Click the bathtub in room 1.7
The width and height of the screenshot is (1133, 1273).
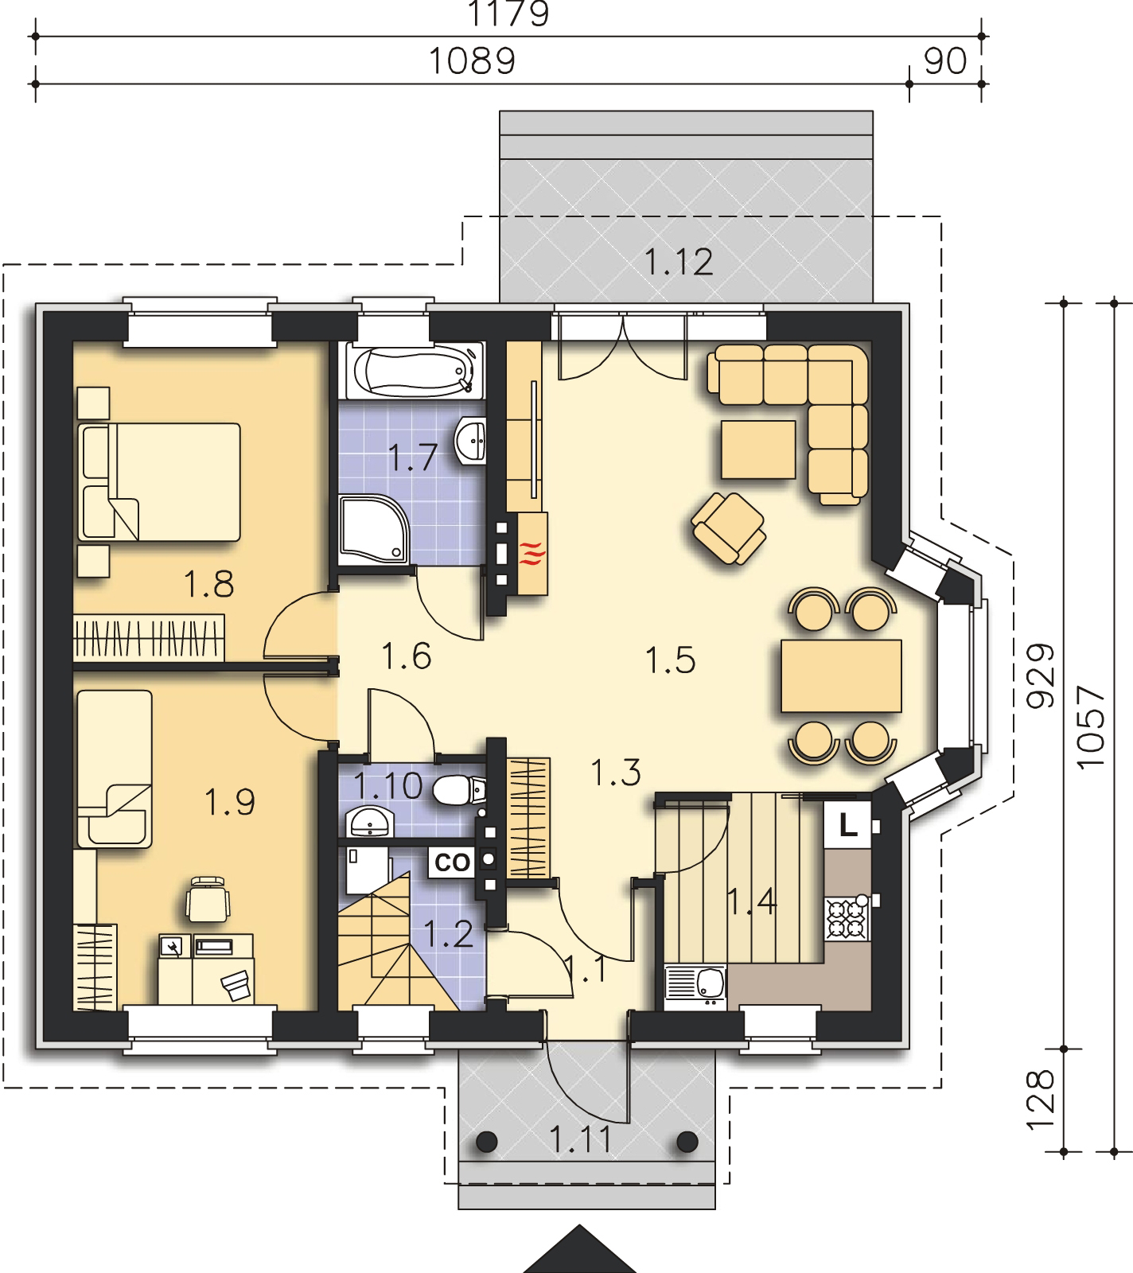tap(413, 370)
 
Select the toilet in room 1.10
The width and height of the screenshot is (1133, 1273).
tap(461, 791)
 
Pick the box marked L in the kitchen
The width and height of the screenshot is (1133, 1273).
tap(849, 827)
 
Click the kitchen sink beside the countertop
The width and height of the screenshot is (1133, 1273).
tap(695, 987)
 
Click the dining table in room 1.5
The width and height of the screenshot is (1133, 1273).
tap(842, 675)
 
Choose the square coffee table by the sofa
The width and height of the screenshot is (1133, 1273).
tap(758, 450)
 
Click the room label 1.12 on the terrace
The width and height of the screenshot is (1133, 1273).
tap(679, 262)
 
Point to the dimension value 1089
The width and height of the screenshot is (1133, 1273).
tap(473, 60)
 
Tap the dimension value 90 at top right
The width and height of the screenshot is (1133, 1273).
tap(945, 60)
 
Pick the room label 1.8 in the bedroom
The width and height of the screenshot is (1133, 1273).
tap(209, 585)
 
